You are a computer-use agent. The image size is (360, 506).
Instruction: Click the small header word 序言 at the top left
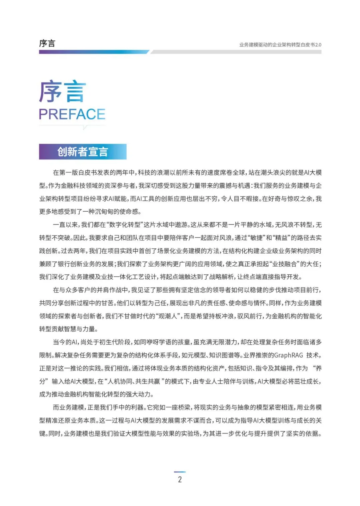click(47, 43)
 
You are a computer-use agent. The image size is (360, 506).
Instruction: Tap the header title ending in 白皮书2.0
click(280, 45)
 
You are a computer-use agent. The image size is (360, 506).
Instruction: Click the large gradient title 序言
click(63, 91)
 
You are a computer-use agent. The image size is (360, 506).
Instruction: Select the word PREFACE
click(72, 114)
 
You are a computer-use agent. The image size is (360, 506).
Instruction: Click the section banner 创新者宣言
click(83, 152)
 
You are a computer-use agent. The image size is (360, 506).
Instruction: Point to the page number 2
click(180, 479)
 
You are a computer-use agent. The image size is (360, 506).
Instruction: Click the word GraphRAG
click(288, 355)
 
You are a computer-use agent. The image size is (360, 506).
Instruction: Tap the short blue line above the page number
click(180, 472)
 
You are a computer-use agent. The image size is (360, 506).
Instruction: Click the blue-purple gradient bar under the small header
click(93, 52)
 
